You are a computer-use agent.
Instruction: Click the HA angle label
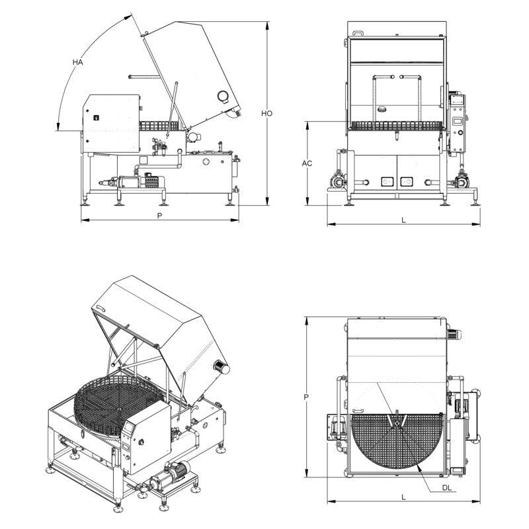tap(78, 61)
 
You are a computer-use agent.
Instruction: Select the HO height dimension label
tap(266, 114)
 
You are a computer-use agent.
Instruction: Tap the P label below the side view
tap(159, 216)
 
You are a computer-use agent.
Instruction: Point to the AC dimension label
tap(307, 162)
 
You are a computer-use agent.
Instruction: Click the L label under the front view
tap(403, 220)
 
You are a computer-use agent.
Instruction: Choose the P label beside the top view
tap(305, 397)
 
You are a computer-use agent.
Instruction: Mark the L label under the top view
tap(403, 495)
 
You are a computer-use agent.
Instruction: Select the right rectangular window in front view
tap(406, 179)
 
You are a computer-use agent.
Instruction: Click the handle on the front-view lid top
tap(357, 31)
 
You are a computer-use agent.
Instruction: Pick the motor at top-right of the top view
tap(454, 334)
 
